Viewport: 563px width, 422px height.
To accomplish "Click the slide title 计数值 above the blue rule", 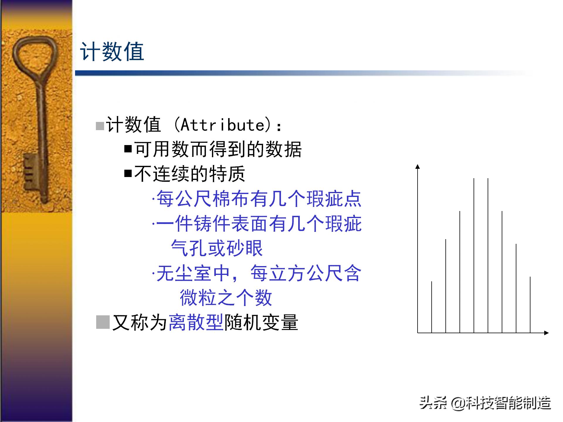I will (x=112, y=52).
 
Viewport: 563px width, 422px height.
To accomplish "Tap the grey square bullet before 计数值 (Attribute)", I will (x=100, y=126).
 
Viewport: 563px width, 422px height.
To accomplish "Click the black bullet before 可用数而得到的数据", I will (x=128, y=149).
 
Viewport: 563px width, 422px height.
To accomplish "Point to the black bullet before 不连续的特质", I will (x=128, y=173).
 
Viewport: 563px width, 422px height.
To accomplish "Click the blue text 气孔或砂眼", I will (x=217, y=248).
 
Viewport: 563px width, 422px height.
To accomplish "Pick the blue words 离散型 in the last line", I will (x=196, y=322).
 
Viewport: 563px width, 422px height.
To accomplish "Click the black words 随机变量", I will (x=261, y=322).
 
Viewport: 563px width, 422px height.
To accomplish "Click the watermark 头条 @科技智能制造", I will (x=485, y=403).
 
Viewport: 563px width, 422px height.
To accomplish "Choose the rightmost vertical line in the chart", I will (x=530, y=305).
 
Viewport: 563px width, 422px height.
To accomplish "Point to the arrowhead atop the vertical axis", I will (x=418, y=166).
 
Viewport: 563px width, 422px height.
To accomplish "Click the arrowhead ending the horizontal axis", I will (x=546, y=333).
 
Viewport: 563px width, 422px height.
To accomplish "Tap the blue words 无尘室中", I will (x=194, y=273).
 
